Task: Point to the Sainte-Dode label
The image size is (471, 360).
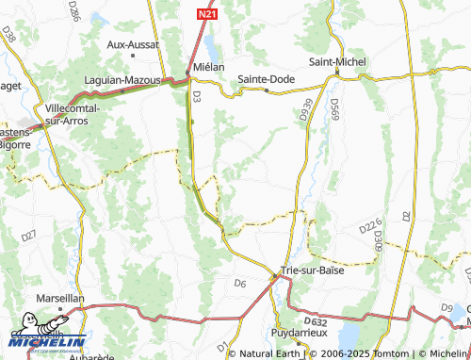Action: (266, 79)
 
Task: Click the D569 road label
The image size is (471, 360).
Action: (333, 112)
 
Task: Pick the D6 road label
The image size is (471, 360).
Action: (240, 282)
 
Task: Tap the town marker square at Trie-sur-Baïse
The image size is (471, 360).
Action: (276, 275)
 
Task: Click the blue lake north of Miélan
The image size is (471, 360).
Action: (207, 45)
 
